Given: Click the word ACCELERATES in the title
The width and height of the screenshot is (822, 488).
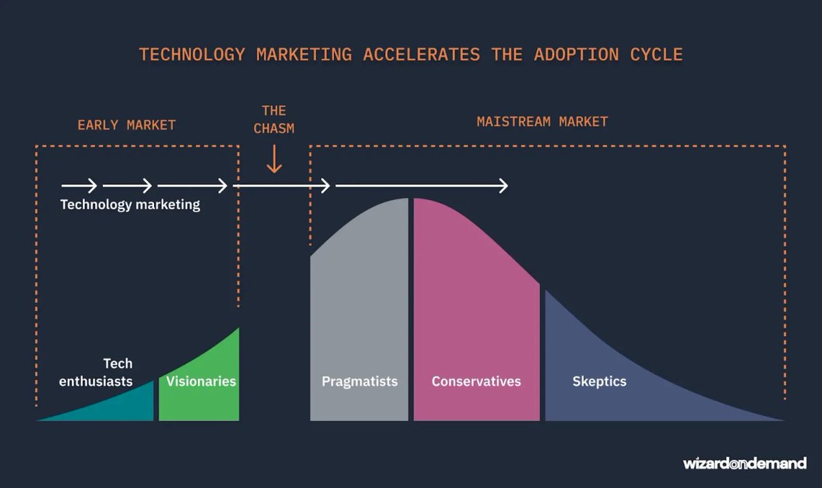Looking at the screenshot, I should click(421, 55).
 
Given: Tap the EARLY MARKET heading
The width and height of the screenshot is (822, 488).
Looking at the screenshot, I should click(127, 125).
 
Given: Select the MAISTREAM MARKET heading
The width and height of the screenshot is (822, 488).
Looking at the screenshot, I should click(543, 122).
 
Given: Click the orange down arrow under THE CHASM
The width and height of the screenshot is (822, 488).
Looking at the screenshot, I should click(274, 160).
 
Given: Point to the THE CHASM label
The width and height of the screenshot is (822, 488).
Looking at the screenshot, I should click(274, 119).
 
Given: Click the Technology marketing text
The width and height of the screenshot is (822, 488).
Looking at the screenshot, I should click(130, 204).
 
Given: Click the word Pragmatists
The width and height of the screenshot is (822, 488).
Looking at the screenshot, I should click(360, 382).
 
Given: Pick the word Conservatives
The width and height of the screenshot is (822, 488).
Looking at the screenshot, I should click(476, 382).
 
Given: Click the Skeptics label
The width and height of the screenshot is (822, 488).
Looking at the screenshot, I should click(599, 382).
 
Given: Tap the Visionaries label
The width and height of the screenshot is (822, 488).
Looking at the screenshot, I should click(201, 382).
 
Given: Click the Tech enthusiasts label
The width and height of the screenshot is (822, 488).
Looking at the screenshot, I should click(96, 372).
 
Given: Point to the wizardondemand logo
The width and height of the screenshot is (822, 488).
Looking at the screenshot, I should click(745, 463).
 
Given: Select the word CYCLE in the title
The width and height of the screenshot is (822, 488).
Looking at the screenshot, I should click(657, 55).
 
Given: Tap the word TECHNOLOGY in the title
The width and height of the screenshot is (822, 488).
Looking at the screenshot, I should click(192, 55).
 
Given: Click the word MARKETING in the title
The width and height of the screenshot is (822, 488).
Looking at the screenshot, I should click(304, 55).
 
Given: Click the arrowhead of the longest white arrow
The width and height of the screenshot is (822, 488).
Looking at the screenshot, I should click(504, 186).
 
